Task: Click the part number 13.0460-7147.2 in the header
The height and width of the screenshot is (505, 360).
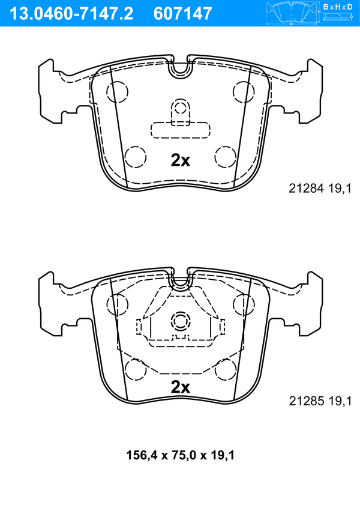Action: tap(71, 14)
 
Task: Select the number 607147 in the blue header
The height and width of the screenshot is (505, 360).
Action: tap(183, 14)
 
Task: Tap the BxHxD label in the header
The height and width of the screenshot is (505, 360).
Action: tap(338, 7)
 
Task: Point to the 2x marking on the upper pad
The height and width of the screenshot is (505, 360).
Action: tap(181, 160)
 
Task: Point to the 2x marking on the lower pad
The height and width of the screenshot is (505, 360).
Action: tap(181, 387)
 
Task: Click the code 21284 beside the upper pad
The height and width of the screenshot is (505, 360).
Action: tap(306, 189)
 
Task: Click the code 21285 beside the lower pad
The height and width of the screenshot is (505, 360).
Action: tap(306, 401)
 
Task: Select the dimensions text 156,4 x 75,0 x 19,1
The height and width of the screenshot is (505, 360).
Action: tap(180, 455)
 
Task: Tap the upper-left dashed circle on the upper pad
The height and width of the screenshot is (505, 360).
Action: tap(117, 92)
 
